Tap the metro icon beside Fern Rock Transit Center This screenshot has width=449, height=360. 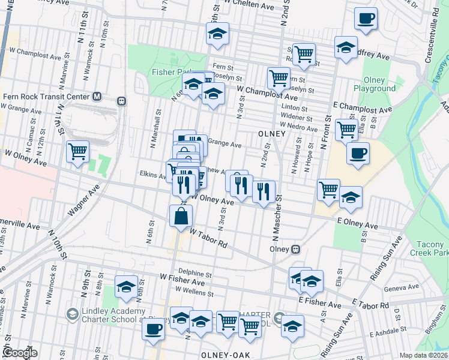[x=97, y=96]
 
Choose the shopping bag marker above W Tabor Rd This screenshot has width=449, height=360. [x=181, y=215]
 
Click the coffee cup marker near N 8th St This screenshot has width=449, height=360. [x=154, y=329]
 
